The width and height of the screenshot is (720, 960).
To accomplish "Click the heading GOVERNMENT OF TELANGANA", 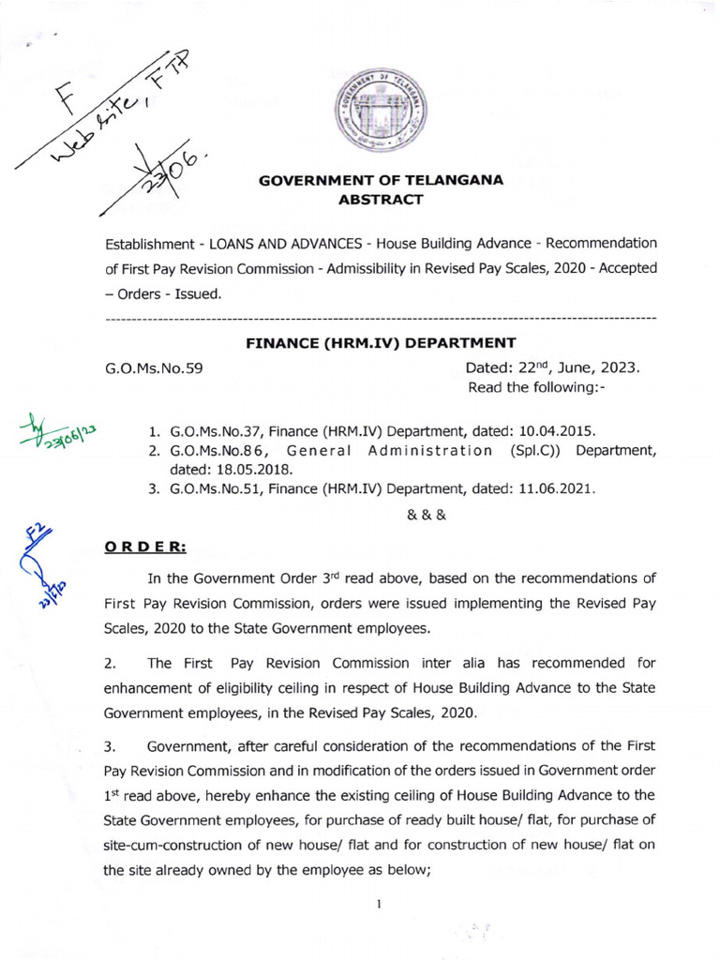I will pyautogui.click(x=382, y=181).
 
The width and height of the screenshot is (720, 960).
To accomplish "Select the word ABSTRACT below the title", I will pyautogui.click(x=381, y=200).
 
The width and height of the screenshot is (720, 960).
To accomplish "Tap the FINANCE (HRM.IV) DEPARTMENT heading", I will pyautogui.click(x=381, y=342).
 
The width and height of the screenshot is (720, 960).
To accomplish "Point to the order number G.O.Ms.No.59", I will pyautogui.click(x=155, y=368).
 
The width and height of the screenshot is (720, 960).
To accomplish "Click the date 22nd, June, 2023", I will pyautogui.click(x=552, y=367).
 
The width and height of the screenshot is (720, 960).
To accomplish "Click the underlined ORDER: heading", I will pyautogui.click(x=144, y=547).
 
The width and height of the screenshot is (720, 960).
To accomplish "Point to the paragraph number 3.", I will pyautogui.click(x=109, y=746).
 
